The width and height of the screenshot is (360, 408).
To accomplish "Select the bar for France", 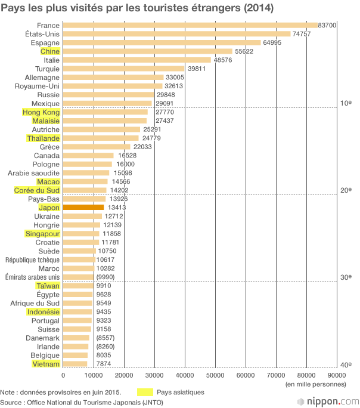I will coord(190,26).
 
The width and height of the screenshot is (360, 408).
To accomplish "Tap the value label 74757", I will coord(301,34).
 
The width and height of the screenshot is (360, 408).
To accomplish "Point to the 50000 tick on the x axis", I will coord(215,375).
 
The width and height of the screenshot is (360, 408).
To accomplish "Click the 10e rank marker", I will coord(345,103).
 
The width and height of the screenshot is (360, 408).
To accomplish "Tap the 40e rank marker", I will coord(345,364).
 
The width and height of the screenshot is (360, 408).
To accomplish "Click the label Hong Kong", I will coord(41,112).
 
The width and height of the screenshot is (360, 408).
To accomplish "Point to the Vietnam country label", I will coord(46,363).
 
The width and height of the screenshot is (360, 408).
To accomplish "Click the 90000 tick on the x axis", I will coord(337,375).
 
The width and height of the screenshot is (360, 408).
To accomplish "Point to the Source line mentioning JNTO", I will coord(82,403).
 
